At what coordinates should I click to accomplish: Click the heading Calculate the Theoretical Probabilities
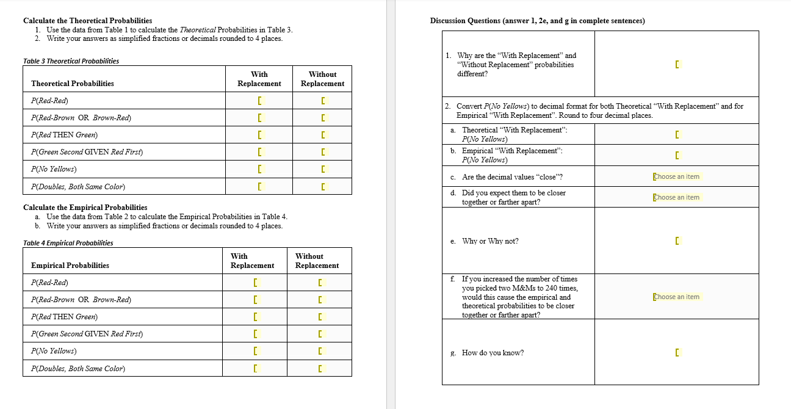tap(87, 21)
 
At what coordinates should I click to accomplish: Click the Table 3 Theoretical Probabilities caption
tap(71, 61)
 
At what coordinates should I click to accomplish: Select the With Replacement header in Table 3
tap(259, 79)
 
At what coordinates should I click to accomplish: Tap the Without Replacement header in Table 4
tap(317, 261)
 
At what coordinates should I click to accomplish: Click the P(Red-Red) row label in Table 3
tap(49, 100)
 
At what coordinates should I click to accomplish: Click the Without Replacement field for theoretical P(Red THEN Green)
tap(323, 135)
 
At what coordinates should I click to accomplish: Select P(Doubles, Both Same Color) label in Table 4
tap(78, 369)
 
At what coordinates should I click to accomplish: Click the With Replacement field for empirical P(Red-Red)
tap(256, 283)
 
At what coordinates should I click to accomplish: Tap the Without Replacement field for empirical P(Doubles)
tap(320, 369)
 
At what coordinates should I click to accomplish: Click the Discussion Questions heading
tap(537, 21)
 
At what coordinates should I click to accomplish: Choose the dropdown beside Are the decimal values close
tap(676, 176)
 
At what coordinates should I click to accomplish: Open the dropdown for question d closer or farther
tap(676, 197)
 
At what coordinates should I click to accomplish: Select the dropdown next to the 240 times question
tap(676, 297)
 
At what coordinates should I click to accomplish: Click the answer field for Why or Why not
tap(676, 241)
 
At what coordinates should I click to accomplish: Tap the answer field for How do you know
tap(676, 353)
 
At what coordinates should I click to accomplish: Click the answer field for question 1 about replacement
tap(676, 64)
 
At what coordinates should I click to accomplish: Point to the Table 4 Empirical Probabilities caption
tap(68, 243)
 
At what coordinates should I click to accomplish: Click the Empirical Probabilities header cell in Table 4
tap(70, 266)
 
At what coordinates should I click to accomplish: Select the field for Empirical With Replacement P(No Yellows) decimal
tap(676, 156)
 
